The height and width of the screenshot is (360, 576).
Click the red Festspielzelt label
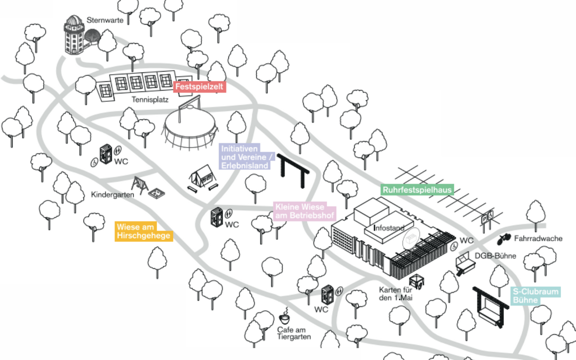[200, 87]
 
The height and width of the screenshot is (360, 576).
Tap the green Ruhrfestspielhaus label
[418, 190]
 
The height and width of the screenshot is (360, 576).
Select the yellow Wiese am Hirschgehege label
[144, 231]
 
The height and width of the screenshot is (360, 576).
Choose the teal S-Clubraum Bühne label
[535, 296]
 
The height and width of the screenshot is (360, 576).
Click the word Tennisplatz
[150, 100]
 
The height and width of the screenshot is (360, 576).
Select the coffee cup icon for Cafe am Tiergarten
[285, 317]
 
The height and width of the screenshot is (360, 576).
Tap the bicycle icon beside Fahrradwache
[504, 239]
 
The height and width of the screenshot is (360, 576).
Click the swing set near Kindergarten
[140, 184]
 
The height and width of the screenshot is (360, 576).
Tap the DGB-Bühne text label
[495, 256]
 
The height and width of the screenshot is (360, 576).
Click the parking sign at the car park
[487, 219]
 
